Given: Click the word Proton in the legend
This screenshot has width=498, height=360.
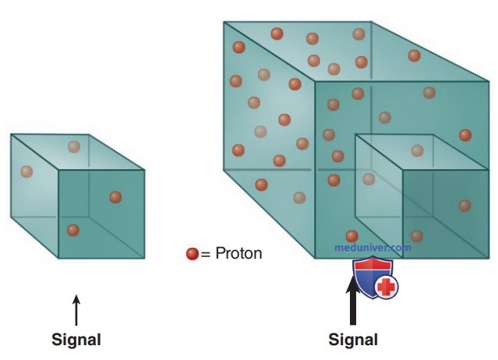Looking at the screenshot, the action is click(x=238, y=254).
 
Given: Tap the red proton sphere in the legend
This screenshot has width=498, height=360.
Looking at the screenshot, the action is click(x=192, y=254).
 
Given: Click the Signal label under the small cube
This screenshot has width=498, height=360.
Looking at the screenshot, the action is click(x=76, y=340).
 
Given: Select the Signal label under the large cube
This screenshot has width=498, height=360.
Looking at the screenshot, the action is click(x=353, y=340).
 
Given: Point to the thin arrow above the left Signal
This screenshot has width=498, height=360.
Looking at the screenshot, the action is click(x=76, y=310).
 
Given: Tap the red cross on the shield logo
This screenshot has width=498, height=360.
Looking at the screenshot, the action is click(x=386, y=287).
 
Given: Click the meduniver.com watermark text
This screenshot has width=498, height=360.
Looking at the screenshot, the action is click(x=373, y=247).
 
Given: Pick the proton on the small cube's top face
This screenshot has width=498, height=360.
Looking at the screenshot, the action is click(x=74, y=146).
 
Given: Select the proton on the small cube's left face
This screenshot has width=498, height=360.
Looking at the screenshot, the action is click(x=26, y=171).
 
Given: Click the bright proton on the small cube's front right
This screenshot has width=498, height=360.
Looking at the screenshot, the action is click(x=115, y=197).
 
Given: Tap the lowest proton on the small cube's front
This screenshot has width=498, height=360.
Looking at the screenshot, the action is click(x=73, y=230).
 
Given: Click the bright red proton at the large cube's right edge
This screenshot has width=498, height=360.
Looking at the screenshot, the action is click(x=465, y=136).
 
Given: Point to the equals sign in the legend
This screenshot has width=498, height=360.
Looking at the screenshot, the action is click(x=206, y=254).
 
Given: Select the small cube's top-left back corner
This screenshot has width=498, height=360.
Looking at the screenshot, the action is click(x=11, y=135).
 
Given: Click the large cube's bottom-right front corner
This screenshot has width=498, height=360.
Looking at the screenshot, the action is click(x=489, y=258).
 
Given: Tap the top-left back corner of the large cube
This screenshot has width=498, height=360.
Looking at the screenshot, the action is click(x=224, y=22).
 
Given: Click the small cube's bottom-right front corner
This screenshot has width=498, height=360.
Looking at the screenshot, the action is click(x=144, y=258).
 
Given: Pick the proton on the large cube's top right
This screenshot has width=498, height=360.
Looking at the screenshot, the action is click(x=415, y=55).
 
